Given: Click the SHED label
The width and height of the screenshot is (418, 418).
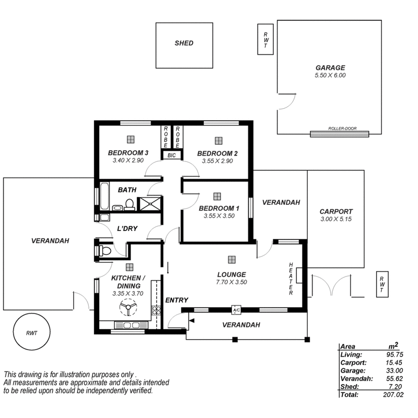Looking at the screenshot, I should coord(183,43).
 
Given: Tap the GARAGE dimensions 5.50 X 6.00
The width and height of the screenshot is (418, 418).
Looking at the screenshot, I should coord(330,75).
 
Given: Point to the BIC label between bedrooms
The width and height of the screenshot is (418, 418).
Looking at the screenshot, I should coord(172,155).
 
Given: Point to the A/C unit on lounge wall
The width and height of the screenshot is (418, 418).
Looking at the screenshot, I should coord(236,310).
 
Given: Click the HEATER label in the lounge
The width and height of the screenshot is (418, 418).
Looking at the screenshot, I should coord(291,278).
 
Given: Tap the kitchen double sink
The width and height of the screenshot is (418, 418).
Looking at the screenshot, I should coord(128,325).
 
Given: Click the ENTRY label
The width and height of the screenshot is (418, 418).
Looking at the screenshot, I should coord(177,300).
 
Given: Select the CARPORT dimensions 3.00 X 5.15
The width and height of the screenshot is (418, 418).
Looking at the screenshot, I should coord(336,219).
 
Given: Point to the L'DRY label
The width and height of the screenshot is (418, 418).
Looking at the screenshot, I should coord(126,229).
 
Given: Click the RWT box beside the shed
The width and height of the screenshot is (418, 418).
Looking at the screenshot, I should coord(266,39).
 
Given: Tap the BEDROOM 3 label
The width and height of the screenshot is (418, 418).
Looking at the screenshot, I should coord(129,153).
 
